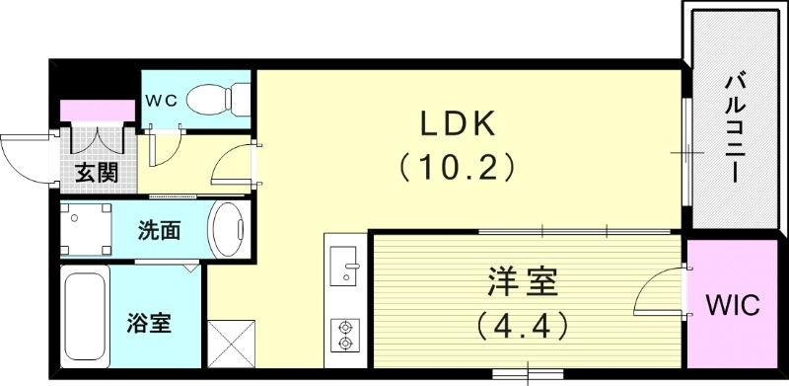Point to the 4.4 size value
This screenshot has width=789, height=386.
click(x=522, y=323)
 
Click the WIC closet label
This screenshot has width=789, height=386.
click(x=733, y=304)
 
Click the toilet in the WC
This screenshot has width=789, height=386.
click(x=212, y=98)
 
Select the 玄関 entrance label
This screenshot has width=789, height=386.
click(x=96, y=174)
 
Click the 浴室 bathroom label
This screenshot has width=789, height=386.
click(x=149, y=322)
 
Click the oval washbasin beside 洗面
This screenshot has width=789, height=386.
click(x=229, y=230)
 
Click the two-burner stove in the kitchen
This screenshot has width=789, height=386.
click(x=345, y=334)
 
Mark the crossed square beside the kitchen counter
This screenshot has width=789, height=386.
click(x=232, y=347)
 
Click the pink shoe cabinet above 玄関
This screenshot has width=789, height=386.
click(x=97, y=109)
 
